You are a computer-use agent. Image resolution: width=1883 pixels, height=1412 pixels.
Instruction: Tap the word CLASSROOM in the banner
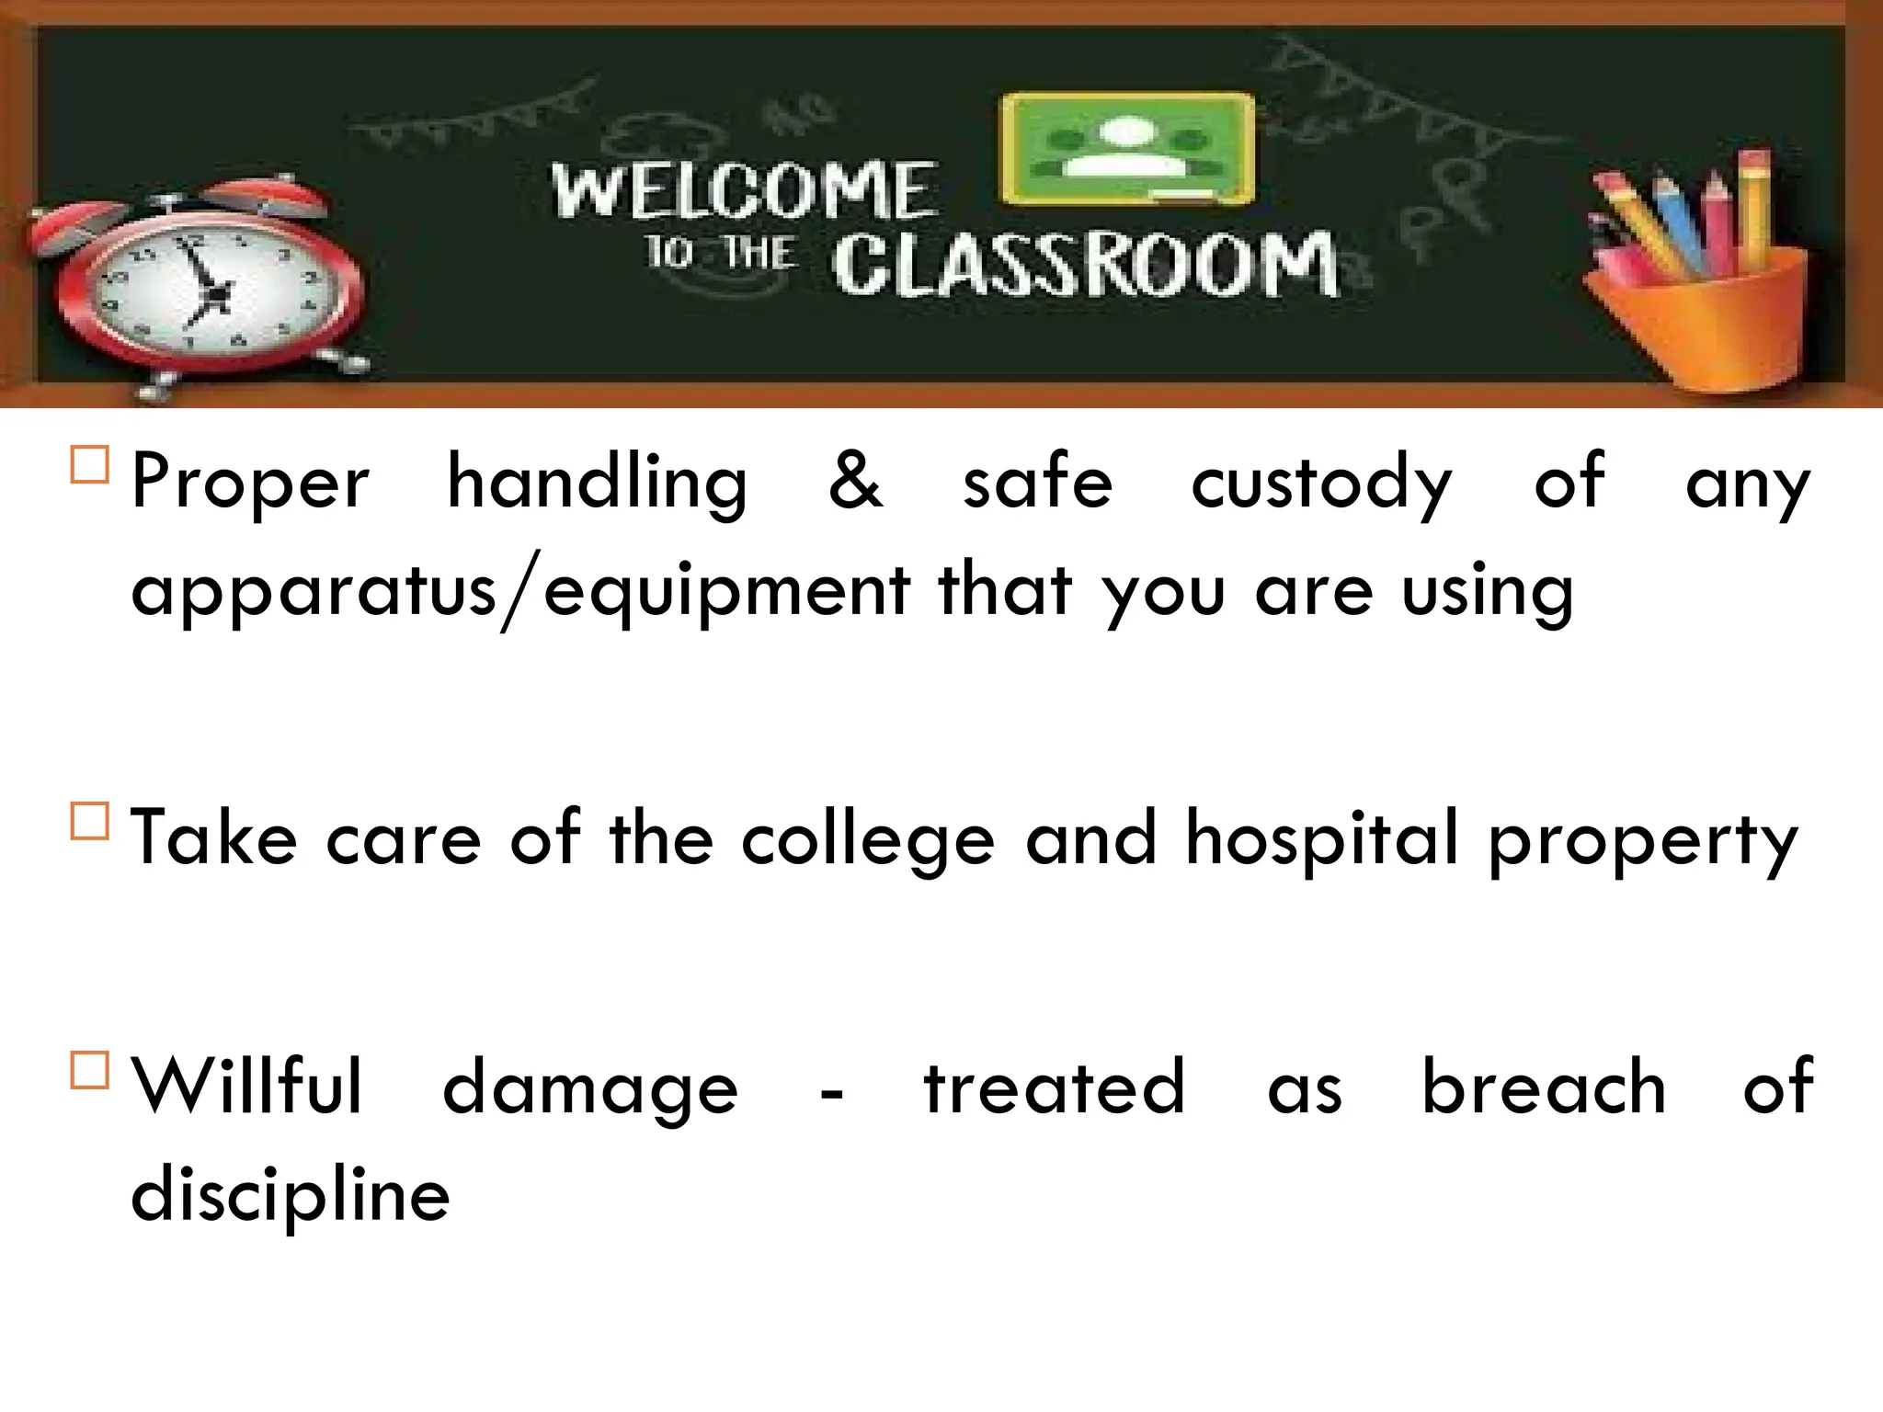tap(1085, 266)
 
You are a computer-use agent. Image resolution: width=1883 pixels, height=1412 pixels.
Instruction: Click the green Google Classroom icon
tap(1127, 149)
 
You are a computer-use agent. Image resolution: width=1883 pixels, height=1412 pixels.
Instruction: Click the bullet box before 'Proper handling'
tap(89, 465)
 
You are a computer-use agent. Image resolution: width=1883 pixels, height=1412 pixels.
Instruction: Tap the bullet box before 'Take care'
tap(89, 821)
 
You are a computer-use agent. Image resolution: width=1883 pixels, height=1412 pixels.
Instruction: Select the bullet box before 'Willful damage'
tap(89, 1070)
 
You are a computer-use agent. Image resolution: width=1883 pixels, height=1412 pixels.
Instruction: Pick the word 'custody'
tap(1321, 484)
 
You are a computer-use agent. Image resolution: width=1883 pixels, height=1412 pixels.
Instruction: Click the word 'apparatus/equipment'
tap(520, 591)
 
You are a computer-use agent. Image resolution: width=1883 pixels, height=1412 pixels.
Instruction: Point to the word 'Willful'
tap(246, 1087)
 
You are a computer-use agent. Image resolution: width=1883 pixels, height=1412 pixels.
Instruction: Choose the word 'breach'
tap(1544, 1087)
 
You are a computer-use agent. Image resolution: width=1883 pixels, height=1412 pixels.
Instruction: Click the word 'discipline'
tap(291, 1195)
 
